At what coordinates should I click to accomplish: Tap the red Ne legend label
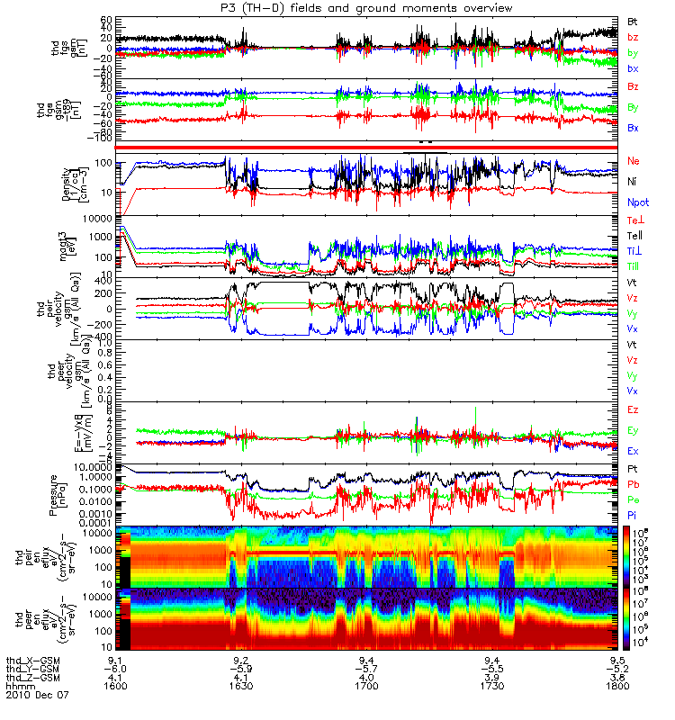click(633, 160)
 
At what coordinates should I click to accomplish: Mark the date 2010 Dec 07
click(37, 695)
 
